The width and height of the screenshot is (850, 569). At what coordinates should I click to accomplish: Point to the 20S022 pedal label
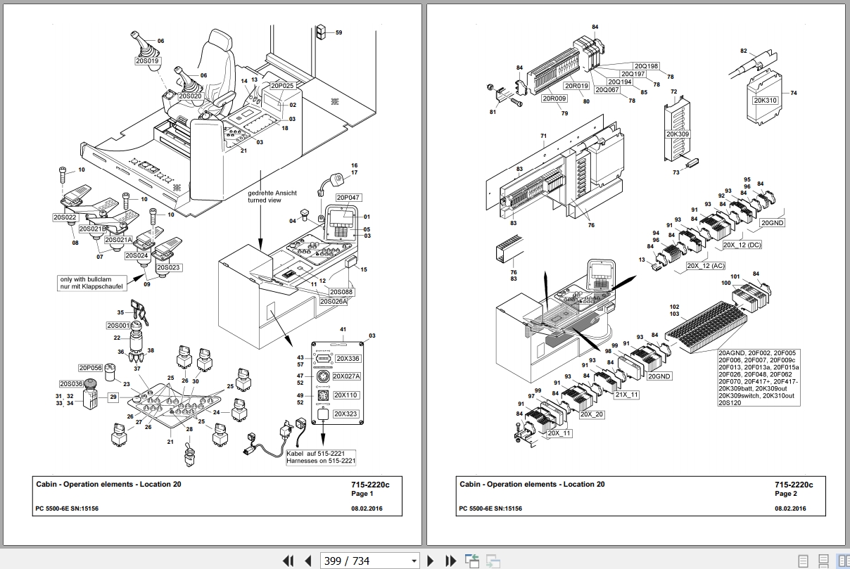65,217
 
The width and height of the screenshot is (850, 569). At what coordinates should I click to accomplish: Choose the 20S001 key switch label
118,325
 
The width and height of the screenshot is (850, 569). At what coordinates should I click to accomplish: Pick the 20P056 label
90,368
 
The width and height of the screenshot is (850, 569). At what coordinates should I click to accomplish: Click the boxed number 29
113,397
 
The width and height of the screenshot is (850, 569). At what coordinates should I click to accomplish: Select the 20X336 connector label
346,358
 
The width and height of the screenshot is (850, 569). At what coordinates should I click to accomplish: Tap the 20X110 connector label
346,395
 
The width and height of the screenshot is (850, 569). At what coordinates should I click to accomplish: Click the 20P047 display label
348,198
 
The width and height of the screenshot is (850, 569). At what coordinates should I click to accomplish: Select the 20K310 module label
765,100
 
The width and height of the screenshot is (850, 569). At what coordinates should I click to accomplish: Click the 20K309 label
678,134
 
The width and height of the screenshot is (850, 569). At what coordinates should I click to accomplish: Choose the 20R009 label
554,99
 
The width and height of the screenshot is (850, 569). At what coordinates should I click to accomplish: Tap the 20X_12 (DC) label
742,245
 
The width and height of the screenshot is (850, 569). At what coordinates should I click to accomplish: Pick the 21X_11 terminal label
626,395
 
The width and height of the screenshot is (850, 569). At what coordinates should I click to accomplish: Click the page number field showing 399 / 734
369,561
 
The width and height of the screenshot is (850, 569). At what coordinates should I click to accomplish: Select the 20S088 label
342,291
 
